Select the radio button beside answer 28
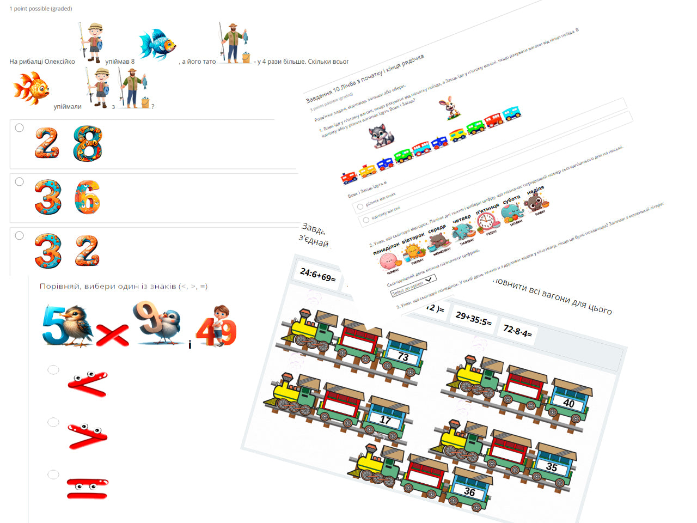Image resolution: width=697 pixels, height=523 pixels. click(20, 128)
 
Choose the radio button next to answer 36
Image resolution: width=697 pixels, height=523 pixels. click(20, 182)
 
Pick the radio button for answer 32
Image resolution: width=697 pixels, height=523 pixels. click(20, 236)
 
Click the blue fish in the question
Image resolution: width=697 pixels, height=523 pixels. click(157, 44)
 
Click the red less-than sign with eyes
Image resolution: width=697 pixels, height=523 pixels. click(88, 384)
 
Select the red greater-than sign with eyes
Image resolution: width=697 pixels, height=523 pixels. click(88, 436)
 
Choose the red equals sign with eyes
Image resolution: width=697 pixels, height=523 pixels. click(88, 488)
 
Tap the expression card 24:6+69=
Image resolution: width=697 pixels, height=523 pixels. click(318, 275)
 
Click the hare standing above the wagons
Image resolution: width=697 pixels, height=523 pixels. click(450, 108)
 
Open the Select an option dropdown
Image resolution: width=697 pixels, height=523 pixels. click(413, 285)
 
